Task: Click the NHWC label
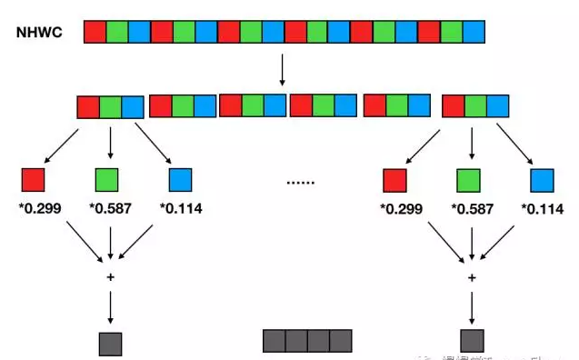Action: (37, 33)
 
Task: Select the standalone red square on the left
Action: (34, 179)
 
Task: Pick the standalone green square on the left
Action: (107, 179)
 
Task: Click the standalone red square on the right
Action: (394, 181)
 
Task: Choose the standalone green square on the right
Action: (468, 181)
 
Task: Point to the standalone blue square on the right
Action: (542, 181)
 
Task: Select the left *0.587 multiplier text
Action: (110, 209)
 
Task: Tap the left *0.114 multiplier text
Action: (181, 209)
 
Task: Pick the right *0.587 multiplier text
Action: (471, 209)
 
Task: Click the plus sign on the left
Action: (110, 275)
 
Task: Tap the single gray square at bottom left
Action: (110, 344)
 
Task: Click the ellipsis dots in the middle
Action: (300, 182)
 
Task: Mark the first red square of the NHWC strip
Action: (95, 33)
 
